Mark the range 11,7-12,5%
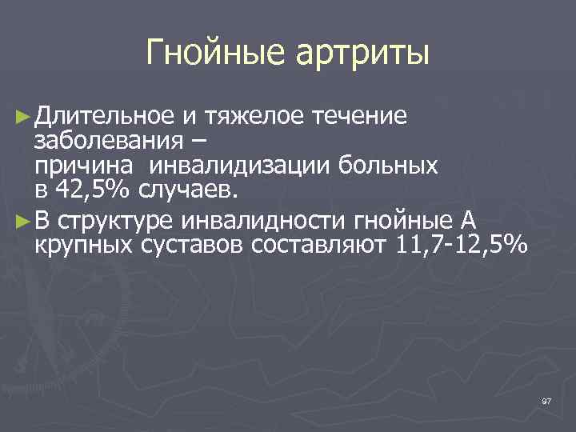(x=462, y=243)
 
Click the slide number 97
(x=546, y=400)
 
